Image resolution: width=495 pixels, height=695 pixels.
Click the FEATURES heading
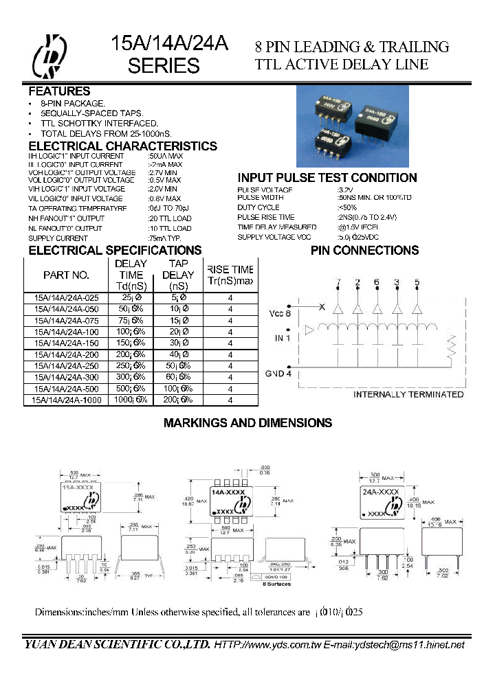click(x=59, y=91)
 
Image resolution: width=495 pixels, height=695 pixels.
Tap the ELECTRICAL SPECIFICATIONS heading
click(x=115, y=250)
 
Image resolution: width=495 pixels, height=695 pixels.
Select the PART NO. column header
click(x=66, y=275)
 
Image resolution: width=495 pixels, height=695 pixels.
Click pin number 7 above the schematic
click(x=338, y=282)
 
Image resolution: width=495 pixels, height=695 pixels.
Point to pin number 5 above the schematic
click(x=416, y=282)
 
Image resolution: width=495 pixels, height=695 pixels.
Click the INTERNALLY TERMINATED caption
click(x=408, y=394)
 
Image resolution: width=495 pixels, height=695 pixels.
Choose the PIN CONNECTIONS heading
click(x=365, y=250)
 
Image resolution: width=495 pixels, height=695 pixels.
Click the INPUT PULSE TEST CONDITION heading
click(x=327, y=178)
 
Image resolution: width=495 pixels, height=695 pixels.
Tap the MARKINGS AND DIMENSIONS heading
click(x=247, y=423)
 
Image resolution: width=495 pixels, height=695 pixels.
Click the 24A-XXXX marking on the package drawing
click(x=379, y=492)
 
